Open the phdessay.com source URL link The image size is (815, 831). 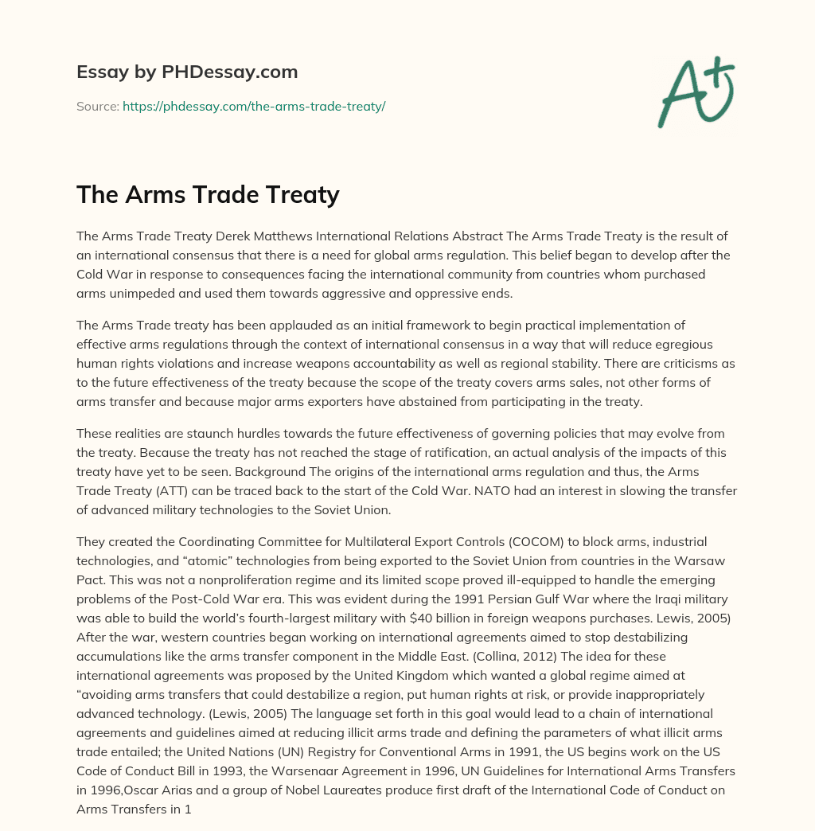[x=254, y=106]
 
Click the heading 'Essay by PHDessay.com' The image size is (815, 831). [x=187, y=72]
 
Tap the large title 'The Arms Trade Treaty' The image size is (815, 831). [x=208, y=195]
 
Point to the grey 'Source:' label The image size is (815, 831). [x=98, y=106]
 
